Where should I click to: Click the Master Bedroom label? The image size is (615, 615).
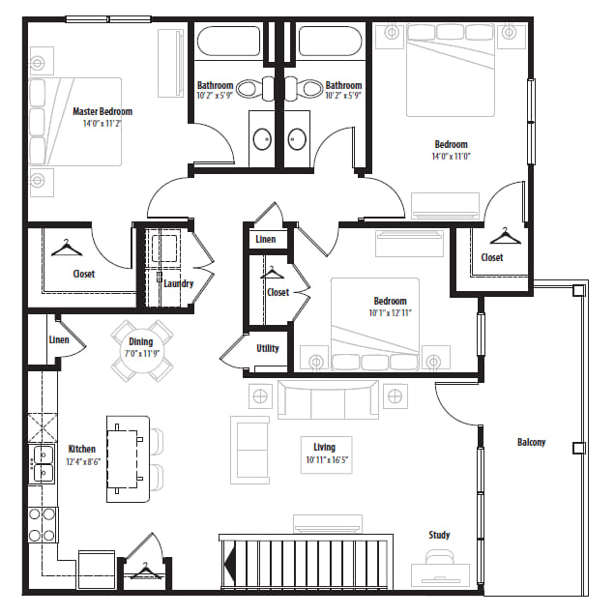pyautogui.click(x=102, y=112)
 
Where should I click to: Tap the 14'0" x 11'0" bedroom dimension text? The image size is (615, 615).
pyautogui.click(x=451, y=156)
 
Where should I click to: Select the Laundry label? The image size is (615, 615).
pyautogui.click(x=179, y=283)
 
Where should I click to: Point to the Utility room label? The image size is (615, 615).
pyautogui.click(x=268, y=348)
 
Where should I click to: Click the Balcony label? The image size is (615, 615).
pyautogui.click(x=532, y=443)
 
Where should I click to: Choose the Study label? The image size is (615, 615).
pyautogui.click(x=439, y=535)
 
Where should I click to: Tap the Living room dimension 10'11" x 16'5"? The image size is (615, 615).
pyautogui.click(x=326, y=460)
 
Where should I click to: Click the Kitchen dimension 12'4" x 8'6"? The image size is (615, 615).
pyautogui.click(x=83, y=461)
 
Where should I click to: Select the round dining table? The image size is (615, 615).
pyautogui.click(x=141, y=350)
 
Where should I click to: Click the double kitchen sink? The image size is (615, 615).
pyautogui.click(x=43, y=464)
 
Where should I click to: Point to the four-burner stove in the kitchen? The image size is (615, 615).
pyautogui.click(x=43, y=525)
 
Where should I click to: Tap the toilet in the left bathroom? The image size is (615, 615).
pyautogui.click(x=255, y=89)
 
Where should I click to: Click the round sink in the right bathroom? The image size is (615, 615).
pyautogui.click(x=297, y=139)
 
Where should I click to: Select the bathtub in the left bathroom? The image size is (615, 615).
pyautogui.click(x=228, y=42)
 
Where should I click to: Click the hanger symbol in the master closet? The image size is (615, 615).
pyautogui.click(x=67, y=248)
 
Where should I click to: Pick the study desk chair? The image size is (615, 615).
pyautogui.click(x=440, y=557)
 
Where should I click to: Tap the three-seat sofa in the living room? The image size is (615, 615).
pyautogui.click(x=328, y=399)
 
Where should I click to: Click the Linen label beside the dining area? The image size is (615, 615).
pyautogui.click(x=59, y=339)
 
